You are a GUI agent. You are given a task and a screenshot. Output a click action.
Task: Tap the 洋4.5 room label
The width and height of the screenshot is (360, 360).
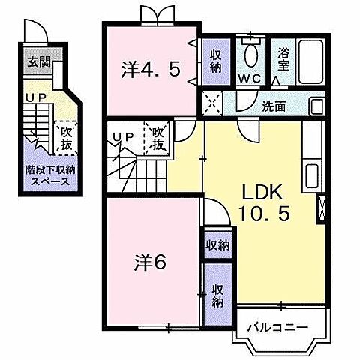[151, 70]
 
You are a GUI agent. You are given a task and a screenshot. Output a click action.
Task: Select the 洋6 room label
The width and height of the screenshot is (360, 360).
[150, 263]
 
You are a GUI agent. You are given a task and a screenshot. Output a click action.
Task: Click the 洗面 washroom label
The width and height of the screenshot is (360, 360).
[273, 106]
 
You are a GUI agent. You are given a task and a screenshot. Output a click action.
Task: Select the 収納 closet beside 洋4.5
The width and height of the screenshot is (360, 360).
[216, 59]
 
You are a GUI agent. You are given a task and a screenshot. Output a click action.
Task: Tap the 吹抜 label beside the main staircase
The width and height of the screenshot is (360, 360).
[157, 139]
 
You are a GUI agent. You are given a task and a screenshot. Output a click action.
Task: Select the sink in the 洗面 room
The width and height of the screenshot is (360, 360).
[316, 106]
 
